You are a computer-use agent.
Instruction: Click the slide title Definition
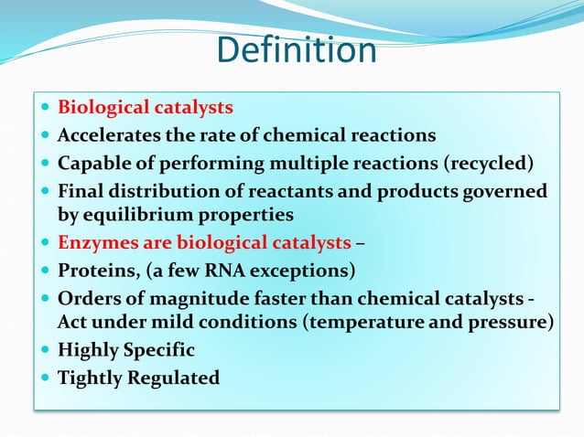297,50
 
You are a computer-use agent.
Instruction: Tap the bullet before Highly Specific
47,349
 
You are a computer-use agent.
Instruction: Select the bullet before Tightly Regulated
47,377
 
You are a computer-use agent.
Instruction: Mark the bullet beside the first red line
47,108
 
